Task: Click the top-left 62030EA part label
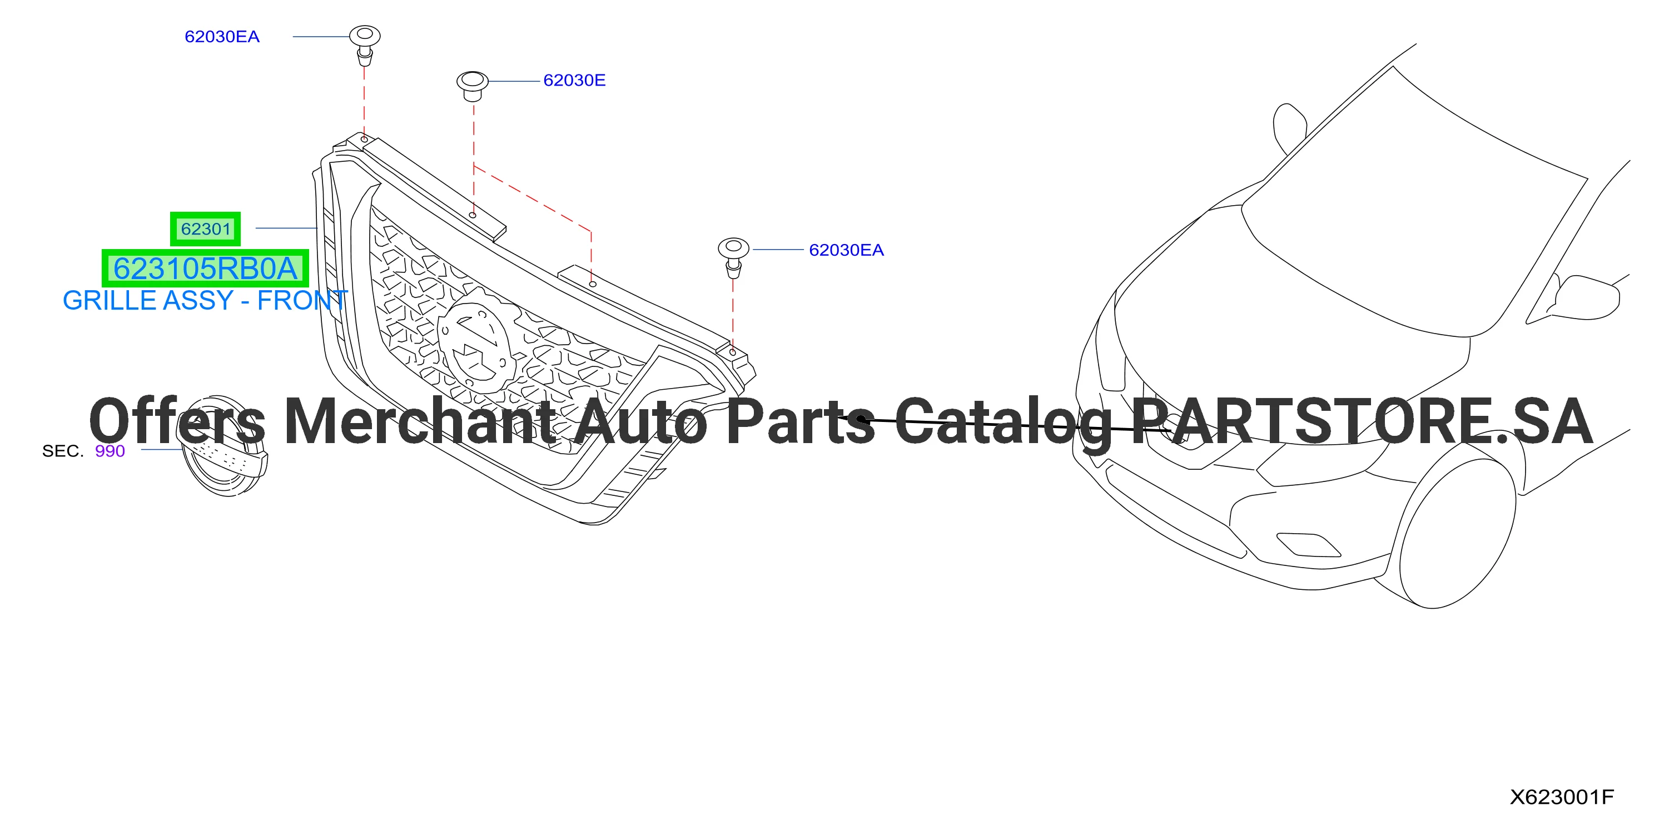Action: click(222, 37)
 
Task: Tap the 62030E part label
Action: click(574, 80)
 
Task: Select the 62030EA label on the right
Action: click(846, 250)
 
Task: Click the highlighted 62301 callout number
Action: click(205, 228)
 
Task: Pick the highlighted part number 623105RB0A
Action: click(205, 268)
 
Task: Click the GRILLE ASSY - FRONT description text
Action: click(205, 300)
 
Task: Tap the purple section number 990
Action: click(110, 451)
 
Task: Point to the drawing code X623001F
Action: click(1562, 796)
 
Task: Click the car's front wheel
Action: click(1457, 533)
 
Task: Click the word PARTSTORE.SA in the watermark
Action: click(1362, 421)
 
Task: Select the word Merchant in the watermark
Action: click(420, 421)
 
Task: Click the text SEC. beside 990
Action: click(63, 451)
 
